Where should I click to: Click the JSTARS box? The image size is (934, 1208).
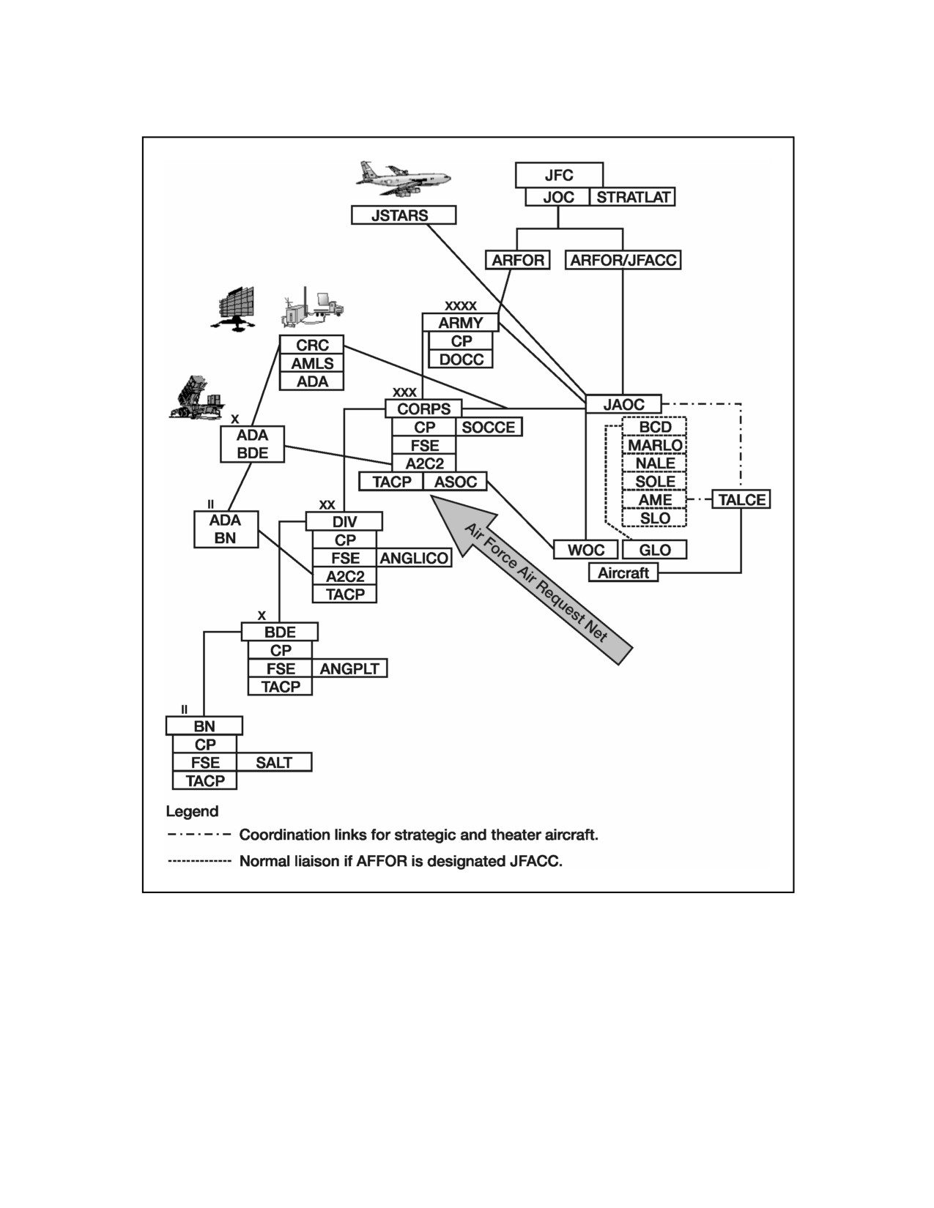click(x=404, y=215)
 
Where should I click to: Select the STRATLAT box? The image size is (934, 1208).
click(x=632, y=197)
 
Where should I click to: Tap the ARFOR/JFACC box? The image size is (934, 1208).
click(x=623, y=260)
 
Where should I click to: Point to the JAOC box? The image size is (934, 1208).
click(x=623, y=404)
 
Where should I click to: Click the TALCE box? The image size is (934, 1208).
click(x=741, y=499)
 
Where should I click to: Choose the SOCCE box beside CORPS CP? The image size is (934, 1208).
click(x=489, y=427)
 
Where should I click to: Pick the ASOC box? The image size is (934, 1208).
click(x=455, y=482)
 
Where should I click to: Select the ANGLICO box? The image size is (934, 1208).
click(x=414, y=558)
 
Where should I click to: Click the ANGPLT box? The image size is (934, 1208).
click(x=349, y=668)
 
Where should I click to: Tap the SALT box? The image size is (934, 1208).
click(x=274, y=762)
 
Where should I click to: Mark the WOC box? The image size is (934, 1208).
click(x=586, y=550)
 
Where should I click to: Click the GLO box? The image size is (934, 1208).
click(x=655, y=550)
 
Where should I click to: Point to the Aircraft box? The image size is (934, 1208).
click(x=623, y=573)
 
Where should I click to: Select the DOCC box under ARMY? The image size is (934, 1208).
click(x=461, y=359)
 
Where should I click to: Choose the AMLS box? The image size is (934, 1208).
click(x=311, y=363)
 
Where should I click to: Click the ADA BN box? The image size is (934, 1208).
click(x=226, y=529)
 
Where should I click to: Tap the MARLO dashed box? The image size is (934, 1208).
click(x=654, y=444)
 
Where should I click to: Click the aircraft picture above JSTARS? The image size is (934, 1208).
click(x=404, y=179)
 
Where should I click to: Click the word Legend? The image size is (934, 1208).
click(x=192, y=812)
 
